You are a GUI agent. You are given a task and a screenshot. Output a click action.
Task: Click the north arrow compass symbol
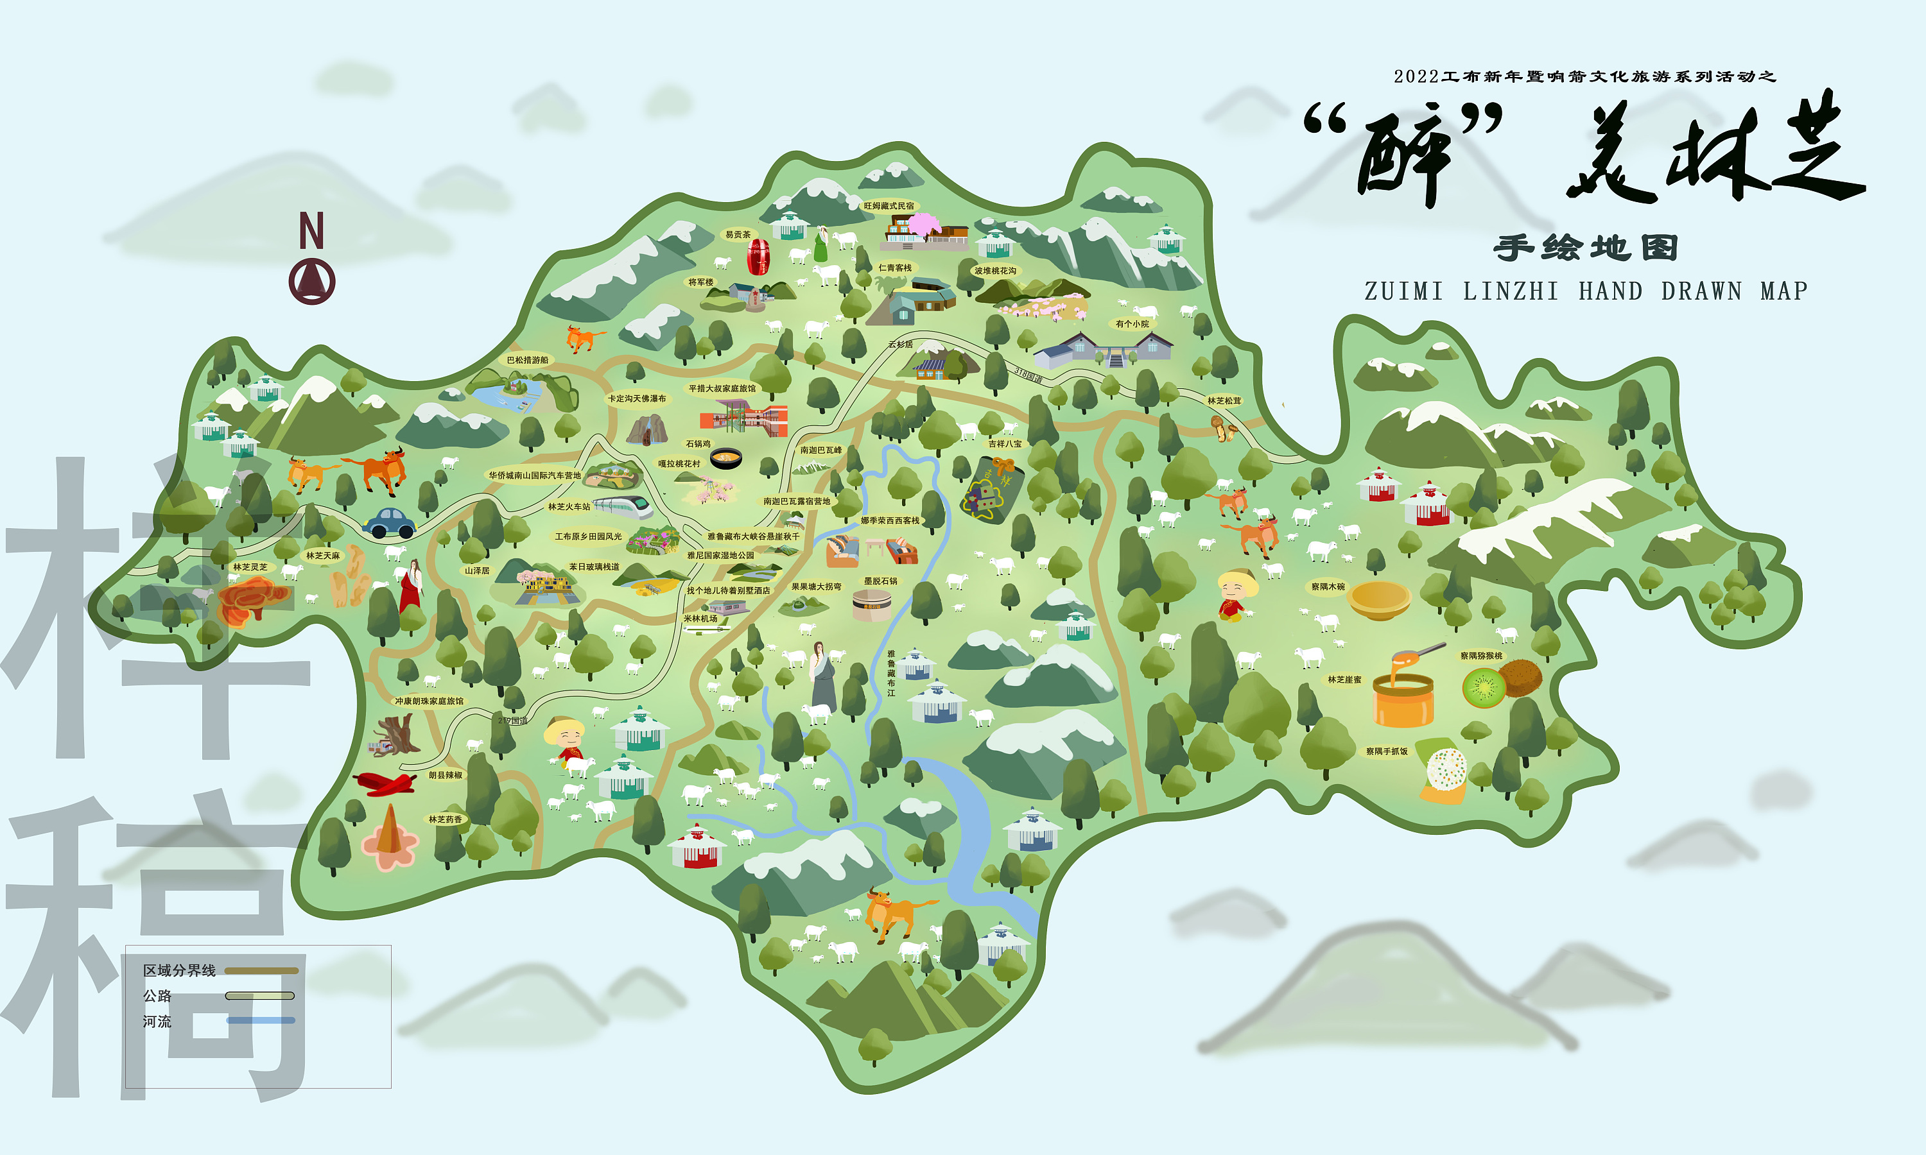click(x=311, y=280)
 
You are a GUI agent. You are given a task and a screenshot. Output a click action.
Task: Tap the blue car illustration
click(x=389, y=523)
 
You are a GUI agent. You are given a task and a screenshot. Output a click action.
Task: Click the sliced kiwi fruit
click(x=1484, y=688)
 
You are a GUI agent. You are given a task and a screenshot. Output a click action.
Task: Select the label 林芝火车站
click(x=569, y=507)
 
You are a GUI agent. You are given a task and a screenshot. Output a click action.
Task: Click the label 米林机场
click(x=700, y=619)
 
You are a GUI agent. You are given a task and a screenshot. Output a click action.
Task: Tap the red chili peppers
click(x=385, y=782)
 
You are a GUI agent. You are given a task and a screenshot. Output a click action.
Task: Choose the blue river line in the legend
click(x=261, y=1020)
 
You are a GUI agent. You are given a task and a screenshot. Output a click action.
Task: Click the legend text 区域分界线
click(x=179, y=971)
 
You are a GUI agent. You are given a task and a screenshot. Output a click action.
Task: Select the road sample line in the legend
click(x=260, y=995)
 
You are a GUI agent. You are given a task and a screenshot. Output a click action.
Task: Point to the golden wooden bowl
click(x=1379, y=599)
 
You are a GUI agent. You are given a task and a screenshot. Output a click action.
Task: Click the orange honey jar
click(x=1403, y=697)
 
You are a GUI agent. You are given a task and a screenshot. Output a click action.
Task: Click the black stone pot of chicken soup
click(x=725, y=458)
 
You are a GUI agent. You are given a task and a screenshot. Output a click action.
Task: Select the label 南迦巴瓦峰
click(x=820, y=450)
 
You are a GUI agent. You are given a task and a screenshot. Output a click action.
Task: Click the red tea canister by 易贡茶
click(x=758, y=257)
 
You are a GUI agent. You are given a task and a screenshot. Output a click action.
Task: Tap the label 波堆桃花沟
click(x=995, y=271)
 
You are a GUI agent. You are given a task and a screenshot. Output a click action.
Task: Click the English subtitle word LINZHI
click(x=1510, y=291)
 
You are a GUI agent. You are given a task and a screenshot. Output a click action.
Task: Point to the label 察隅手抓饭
click(x=1387, y=751)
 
